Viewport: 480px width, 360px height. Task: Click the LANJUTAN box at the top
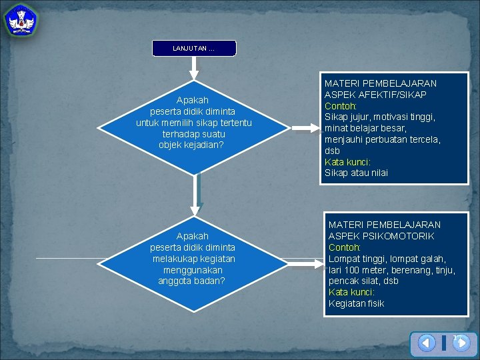[x=193, y=48]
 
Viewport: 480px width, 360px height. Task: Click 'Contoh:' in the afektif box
[x=341, y=106]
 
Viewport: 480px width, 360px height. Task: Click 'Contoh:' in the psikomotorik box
[x=345, y=247]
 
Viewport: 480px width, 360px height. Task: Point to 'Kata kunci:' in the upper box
[x=347, y=162]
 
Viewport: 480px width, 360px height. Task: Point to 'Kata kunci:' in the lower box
[x=351, y=292]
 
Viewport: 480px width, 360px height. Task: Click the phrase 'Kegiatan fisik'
[x=356, y=303]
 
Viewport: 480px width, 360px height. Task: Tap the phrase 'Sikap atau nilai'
[x=356, y=173]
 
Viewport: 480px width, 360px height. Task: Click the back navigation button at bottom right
[x=427, y=343]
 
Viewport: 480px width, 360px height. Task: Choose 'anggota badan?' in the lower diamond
[x=192, y=281]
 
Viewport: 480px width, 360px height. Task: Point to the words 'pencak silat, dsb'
[x=363, y=281]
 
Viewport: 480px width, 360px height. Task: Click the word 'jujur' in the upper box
[x=361, y=117]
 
